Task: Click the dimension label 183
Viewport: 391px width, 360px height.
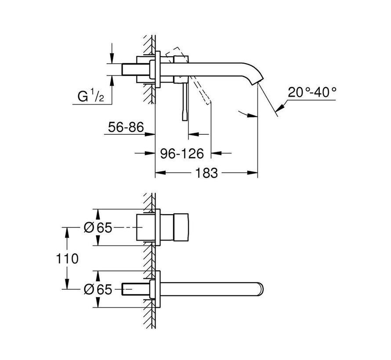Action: click(x=207, y=173)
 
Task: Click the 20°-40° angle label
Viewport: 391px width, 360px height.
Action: click(x=312, y=93)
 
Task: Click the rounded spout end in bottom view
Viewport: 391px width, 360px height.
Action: click(x=262, y=288)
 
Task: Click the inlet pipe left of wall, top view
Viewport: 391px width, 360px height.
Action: click(x=136, y=70)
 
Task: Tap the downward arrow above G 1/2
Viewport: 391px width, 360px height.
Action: click(x=112, y=58)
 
